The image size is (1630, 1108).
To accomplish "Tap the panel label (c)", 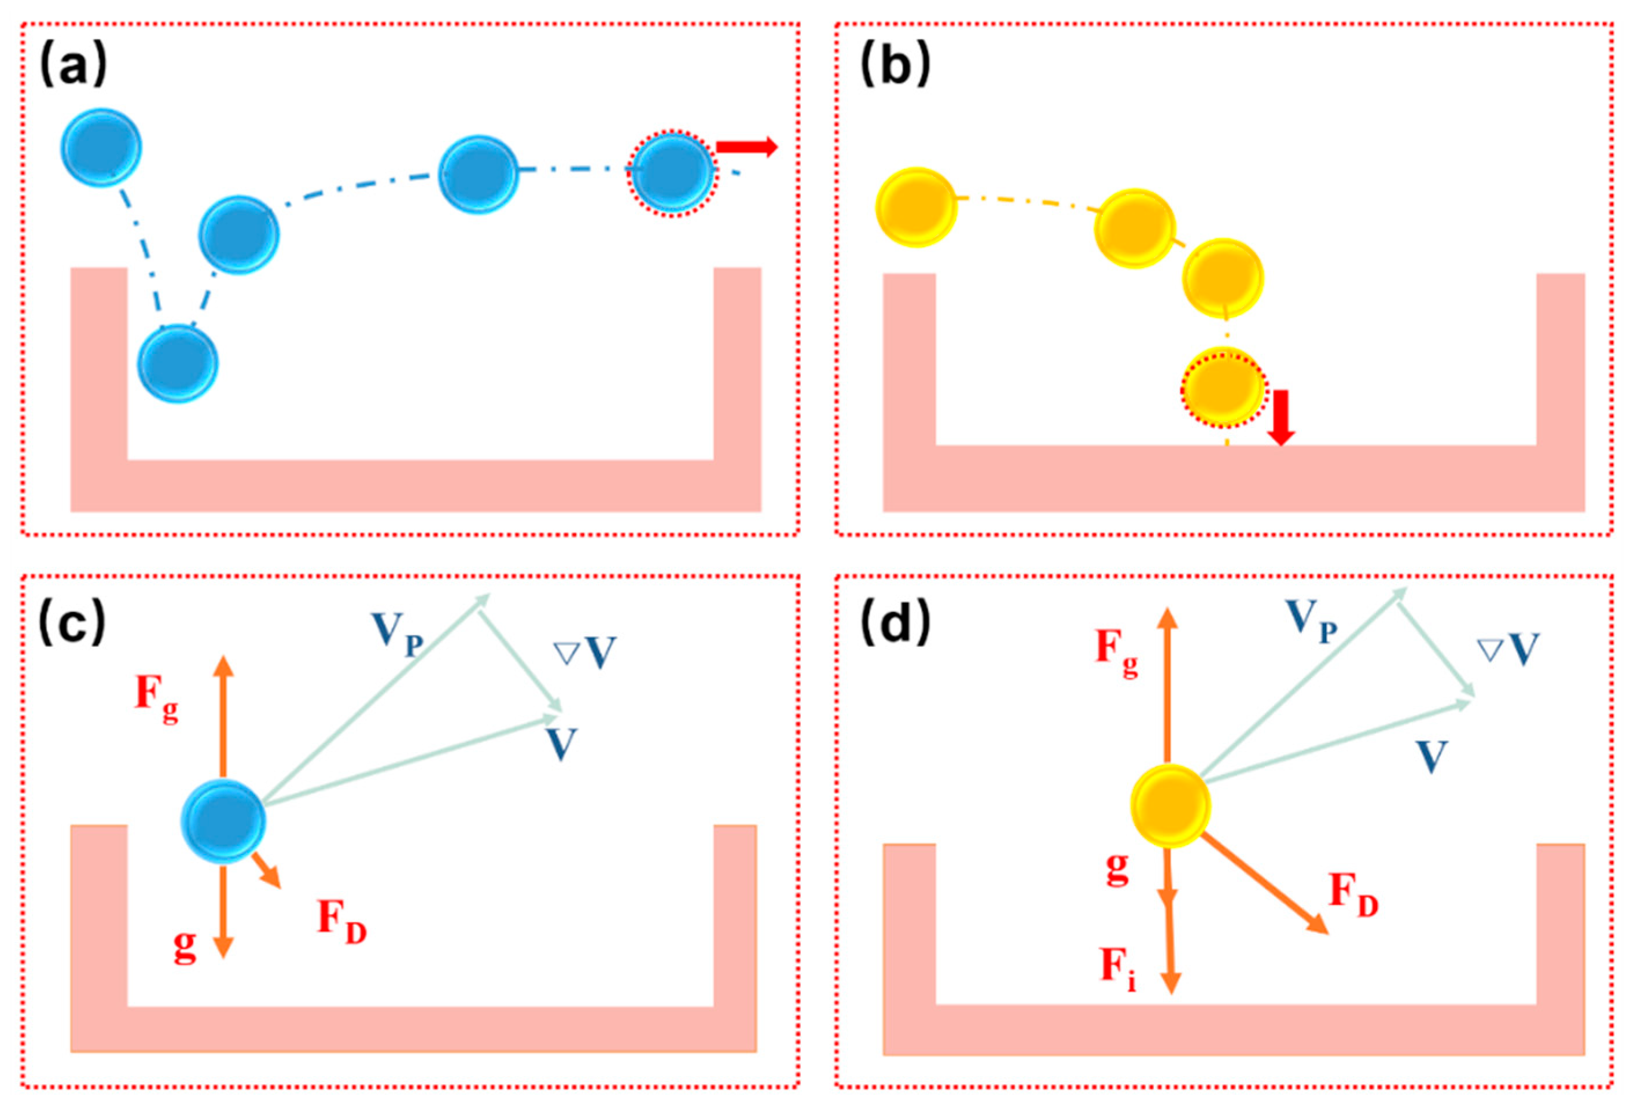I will [x=73, y=622].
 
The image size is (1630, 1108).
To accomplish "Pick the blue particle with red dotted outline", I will [x=672, y=173].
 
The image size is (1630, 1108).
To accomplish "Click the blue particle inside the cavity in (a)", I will [x=178, y=363].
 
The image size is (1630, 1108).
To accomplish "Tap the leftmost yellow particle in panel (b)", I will [x=916, y=208].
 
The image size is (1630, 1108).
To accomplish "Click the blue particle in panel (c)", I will [x=223, y=821].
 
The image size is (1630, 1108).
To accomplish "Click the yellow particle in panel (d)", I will [x=1170, y=804].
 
